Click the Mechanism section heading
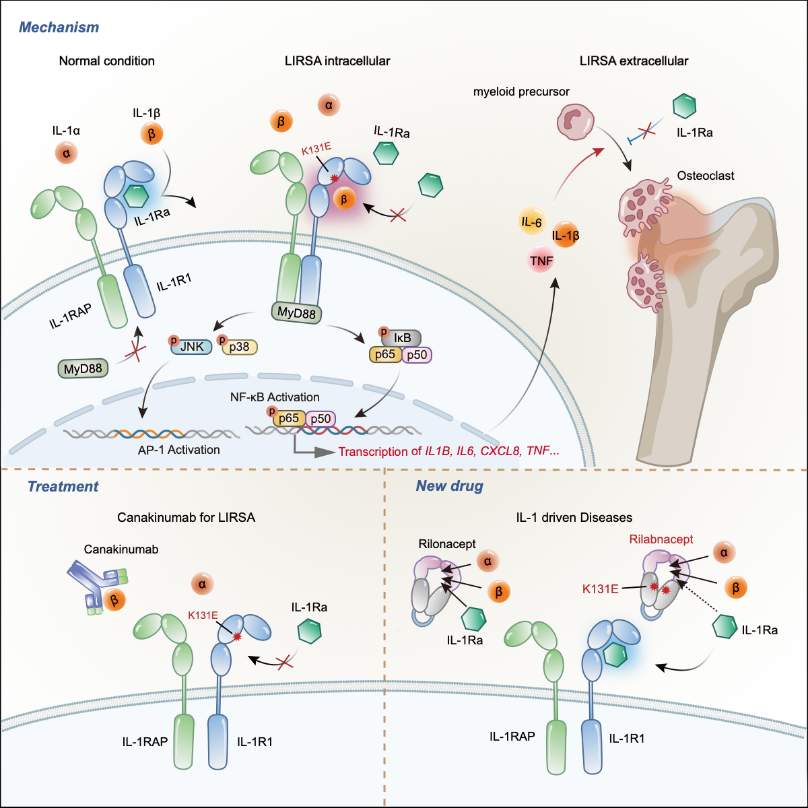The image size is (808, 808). point(59,28)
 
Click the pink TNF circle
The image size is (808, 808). point(541,260)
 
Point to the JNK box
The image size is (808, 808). point(191,347)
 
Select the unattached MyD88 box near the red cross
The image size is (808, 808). point(83,368)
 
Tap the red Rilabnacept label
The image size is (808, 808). point(661,539)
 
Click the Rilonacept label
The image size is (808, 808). point(447,544)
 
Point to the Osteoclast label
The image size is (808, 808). point(705,176)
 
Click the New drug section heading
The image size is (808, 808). point(449,486)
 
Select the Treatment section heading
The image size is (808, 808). point(63,486)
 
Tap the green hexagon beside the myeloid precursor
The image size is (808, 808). point(684,106)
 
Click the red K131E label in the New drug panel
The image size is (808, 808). point(601,588)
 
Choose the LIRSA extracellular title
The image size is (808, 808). point(634,61)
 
